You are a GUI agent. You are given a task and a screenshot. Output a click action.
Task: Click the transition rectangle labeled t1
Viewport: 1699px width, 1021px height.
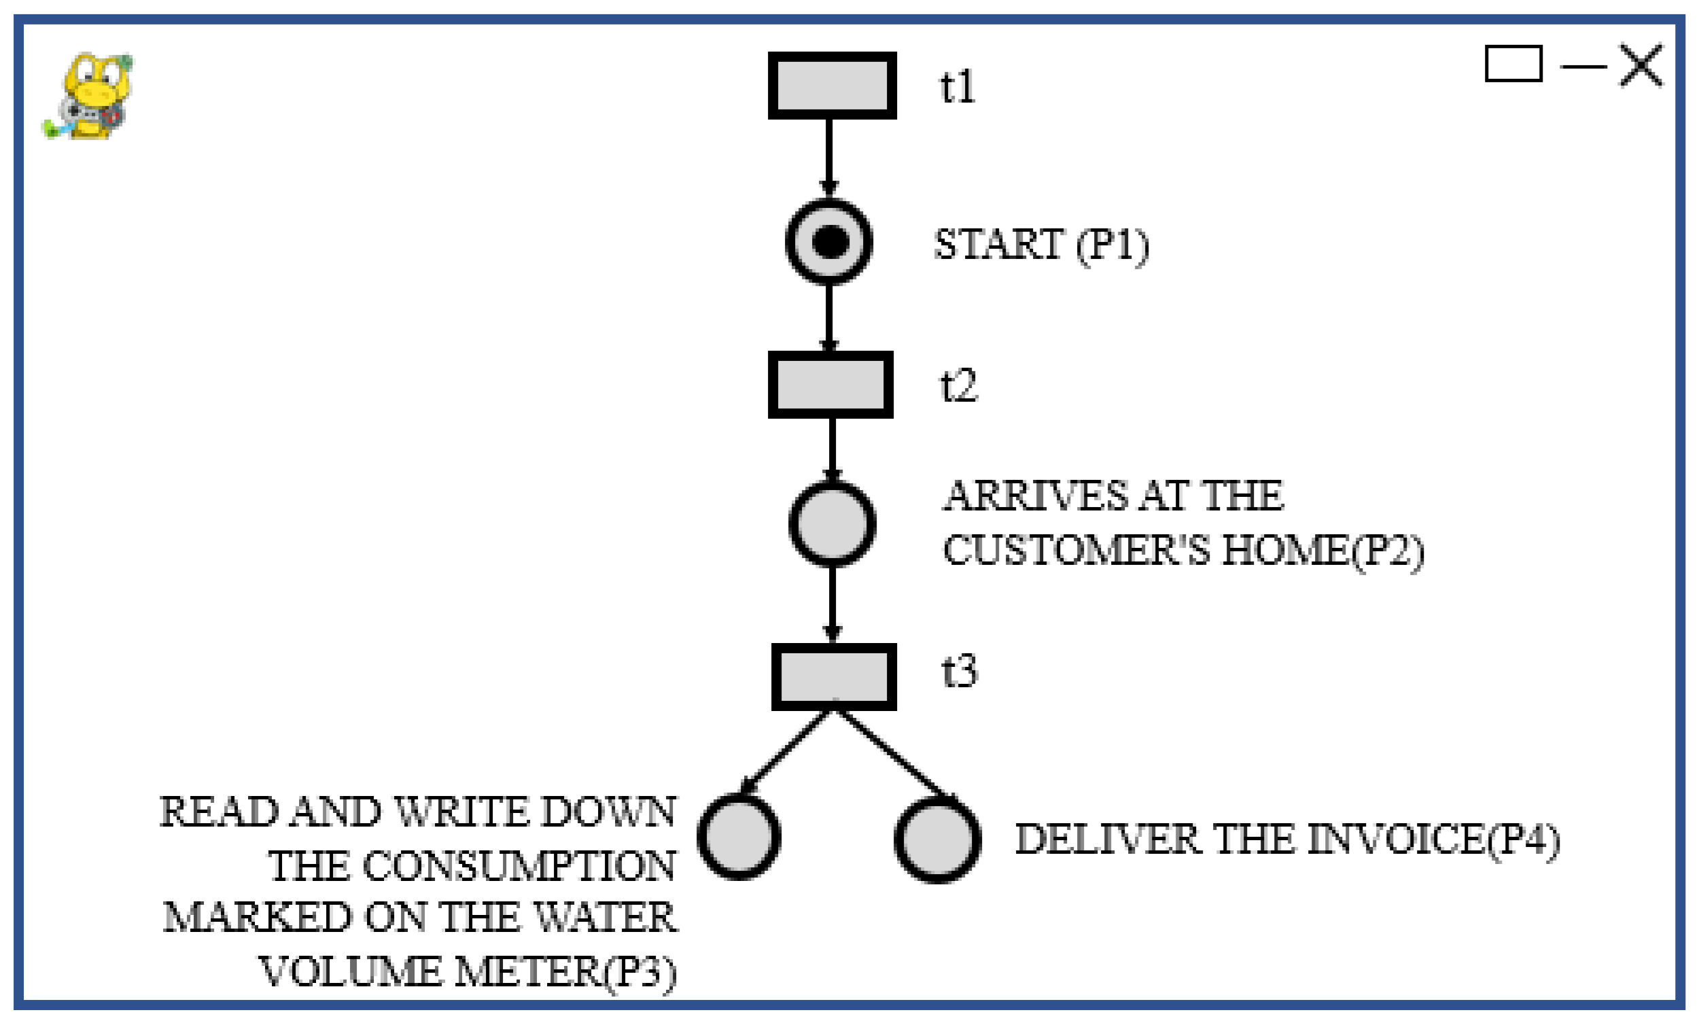832,86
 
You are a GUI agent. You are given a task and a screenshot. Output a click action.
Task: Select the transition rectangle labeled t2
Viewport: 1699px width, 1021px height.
830,385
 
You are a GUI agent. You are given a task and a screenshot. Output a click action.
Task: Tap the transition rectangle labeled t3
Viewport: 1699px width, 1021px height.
833,676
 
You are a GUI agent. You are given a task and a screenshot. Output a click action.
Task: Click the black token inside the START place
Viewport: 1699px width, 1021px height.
830,242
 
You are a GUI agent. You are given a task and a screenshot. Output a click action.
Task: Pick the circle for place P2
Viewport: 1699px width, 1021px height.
832,524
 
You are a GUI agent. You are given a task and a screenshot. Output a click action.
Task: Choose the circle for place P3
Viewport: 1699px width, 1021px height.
739,837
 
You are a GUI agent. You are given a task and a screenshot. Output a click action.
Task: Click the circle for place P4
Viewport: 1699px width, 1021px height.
937,840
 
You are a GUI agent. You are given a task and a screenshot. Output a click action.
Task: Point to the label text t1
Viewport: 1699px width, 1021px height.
957,88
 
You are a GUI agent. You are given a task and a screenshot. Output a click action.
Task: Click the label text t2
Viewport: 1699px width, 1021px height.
958,385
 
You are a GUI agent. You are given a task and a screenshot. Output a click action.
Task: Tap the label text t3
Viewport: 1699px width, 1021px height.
959,672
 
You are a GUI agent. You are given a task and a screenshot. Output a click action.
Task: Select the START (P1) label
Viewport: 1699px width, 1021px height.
1040,245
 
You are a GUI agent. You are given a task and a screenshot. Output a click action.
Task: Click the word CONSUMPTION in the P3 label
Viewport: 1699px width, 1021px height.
519,865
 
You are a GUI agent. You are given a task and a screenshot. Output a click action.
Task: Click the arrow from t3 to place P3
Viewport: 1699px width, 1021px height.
784,754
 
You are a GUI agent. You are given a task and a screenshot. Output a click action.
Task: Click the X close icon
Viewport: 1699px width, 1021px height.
1641,65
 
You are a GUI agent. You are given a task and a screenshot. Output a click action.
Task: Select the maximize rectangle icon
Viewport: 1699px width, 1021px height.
1513,64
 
